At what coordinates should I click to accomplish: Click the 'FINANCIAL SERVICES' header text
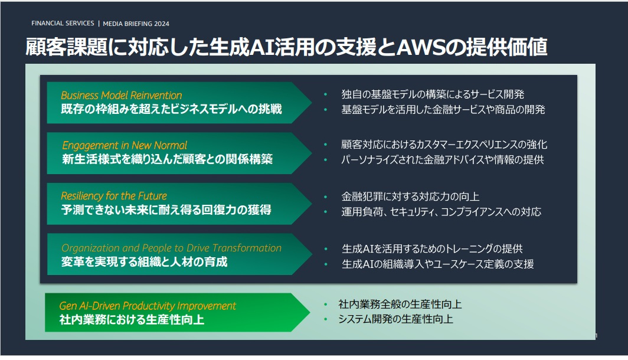coord(63,24)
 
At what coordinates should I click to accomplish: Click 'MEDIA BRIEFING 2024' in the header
coord(136,24)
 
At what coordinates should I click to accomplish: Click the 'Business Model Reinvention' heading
coord(122,95)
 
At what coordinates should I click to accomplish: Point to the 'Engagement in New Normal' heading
coord(125,145)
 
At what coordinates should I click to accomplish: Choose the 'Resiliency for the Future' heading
coord(114,195)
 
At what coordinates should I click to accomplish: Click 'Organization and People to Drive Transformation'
coord(171,248)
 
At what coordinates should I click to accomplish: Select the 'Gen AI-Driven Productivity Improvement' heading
coord(148,306)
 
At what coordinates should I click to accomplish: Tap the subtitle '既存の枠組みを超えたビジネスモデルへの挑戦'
coord(171,109)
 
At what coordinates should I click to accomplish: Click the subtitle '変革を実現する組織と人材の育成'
coord(144,262)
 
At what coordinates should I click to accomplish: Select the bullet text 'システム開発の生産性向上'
coord(395,319)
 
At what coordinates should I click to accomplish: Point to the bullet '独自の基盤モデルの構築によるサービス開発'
coord(433,94)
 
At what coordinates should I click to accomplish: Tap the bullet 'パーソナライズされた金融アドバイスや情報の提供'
coord(442,160)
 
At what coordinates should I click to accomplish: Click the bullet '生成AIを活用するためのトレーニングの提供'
coord(432,249)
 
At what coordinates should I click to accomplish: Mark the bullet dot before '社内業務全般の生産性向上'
coord(325,305)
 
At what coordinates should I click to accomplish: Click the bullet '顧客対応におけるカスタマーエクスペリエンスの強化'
coord(444,145)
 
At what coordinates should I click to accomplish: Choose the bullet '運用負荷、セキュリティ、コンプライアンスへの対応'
coord(441,212)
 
